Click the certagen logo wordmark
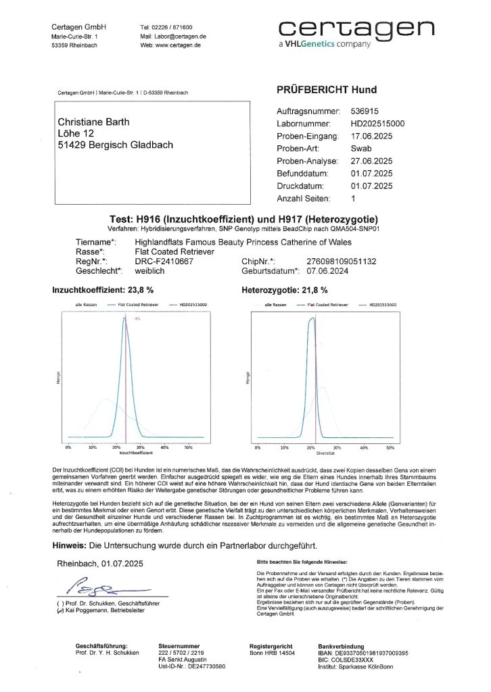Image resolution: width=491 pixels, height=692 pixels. pos(356,29)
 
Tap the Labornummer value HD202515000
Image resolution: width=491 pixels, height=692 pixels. pos(378,124)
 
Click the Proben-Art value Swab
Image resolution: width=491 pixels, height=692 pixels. pos(362,148)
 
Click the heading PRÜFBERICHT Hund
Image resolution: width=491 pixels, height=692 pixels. pos(327,90)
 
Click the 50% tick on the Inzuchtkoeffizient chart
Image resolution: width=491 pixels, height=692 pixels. pos(188,447)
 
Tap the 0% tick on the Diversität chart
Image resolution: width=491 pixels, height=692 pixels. pos(257,447)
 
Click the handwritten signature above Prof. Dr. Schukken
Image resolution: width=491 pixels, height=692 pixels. pos(101,583)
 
